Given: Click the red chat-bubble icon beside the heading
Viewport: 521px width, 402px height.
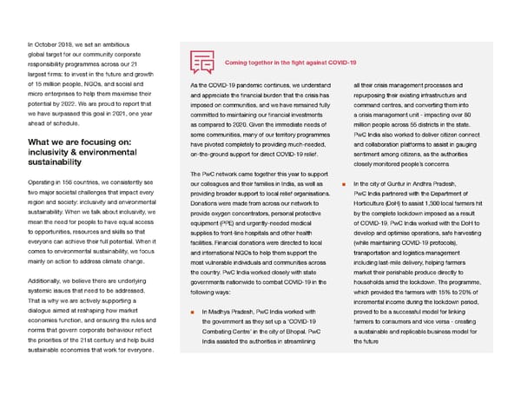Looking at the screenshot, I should [202, 62].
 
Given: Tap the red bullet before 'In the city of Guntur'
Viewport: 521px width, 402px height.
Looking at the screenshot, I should [345, 183].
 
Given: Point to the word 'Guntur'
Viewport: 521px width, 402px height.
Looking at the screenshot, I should [401, 183].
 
